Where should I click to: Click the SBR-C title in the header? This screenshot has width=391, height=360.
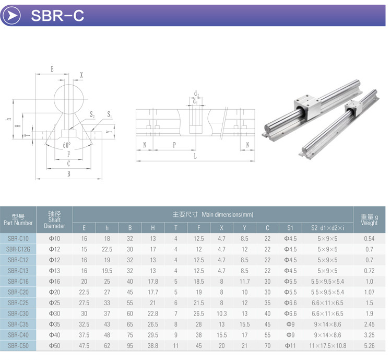57,16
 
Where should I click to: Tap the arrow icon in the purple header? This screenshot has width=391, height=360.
13,16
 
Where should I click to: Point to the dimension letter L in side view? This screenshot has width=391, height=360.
195,156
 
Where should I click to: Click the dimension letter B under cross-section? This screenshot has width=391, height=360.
68,175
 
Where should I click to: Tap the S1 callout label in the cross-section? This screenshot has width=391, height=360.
110,114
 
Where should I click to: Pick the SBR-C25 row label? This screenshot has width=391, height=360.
18,303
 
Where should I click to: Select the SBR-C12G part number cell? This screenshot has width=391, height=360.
18,249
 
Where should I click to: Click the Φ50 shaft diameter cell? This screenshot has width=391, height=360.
54,345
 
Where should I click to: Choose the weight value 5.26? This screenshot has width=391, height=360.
369,345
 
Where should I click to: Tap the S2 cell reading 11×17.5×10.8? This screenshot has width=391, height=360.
327,345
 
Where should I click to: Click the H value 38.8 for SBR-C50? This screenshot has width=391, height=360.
152,345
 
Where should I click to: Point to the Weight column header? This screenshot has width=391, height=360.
369,219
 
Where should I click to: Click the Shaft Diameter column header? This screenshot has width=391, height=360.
54,219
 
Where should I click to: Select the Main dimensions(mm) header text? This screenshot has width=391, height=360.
212,214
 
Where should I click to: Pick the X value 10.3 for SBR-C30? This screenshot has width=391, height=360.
221,313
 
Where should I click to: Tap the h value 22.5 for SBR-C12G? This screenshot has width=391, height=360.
107,249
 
